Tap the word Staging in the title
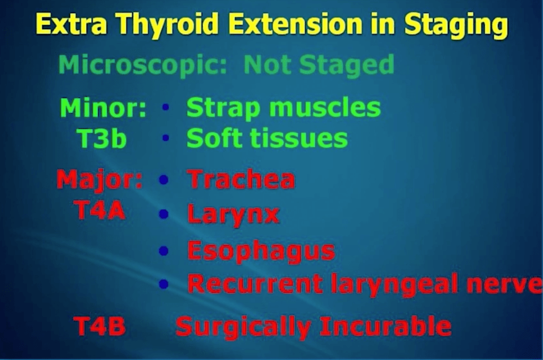coord(456,24)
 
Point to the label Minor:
coord(103,107)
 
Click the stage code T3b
coord(101,138)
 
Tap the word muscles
coord(325,107)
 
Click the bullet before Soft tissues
coord(166,138)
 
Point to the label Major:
coord(100,180)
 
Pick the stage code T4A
coord(99,210)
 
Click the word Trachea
coord(242,179)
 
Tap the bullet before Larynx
coord(164,214)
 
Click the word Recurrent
coord(255,284)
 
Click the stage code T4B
coord(100,326)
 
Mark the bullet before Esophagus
coord(164,250)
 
